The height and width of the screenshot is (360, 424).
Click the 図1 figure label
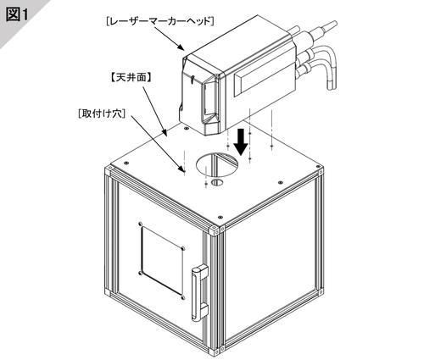[18, 14]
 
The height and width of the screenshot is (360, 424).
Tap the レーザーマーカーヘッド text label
[160, 22]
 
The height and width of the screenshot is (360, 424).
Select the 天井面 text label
[131, 77]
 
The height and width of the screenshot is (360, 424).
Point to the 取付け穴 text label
[102, 114]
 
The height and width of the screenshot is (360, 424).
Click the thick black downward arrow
[241, 142]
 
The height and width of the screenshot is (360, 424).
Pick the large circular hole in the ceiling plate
[217, 165]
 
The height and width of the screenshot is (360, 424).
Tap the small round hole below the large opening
[217, 182]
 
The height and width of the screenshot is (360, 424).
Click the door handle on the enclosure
[199, 293]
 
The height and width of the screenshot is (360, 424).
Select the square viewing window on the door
[162, 260]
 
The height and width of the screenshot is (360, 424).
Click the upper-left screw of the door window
[140, 224]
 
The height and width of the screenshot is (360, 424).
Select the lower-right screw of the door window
[183, 297]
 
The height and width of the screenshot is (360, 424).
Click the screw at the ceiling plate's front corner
[220, 218]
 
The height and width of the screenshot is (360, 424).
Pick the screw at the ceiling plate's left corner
[126, 163]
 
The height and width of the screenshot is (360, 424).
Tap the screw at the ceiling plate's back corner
[186, 129]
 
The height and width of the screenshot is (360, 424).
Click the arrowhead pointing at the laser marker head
[181, 47]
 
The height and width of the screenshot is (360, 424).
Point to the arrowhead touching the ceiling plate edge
[165, 132]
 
